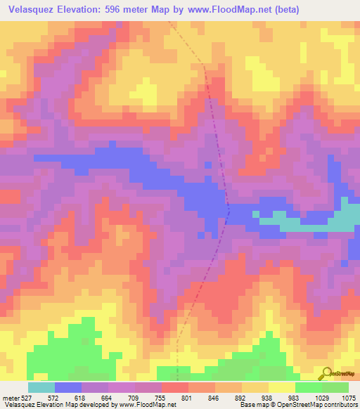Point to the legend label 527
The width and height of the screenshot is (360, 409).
(x=26, y=398)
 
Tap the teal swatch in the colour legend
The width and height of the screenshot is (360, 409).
(x=41, y=387)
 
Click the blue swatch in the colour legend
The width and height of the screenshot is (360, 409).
(x=67, y=387)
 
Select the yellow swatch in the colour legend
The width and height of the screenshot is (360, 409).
(x=281, y=387)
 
